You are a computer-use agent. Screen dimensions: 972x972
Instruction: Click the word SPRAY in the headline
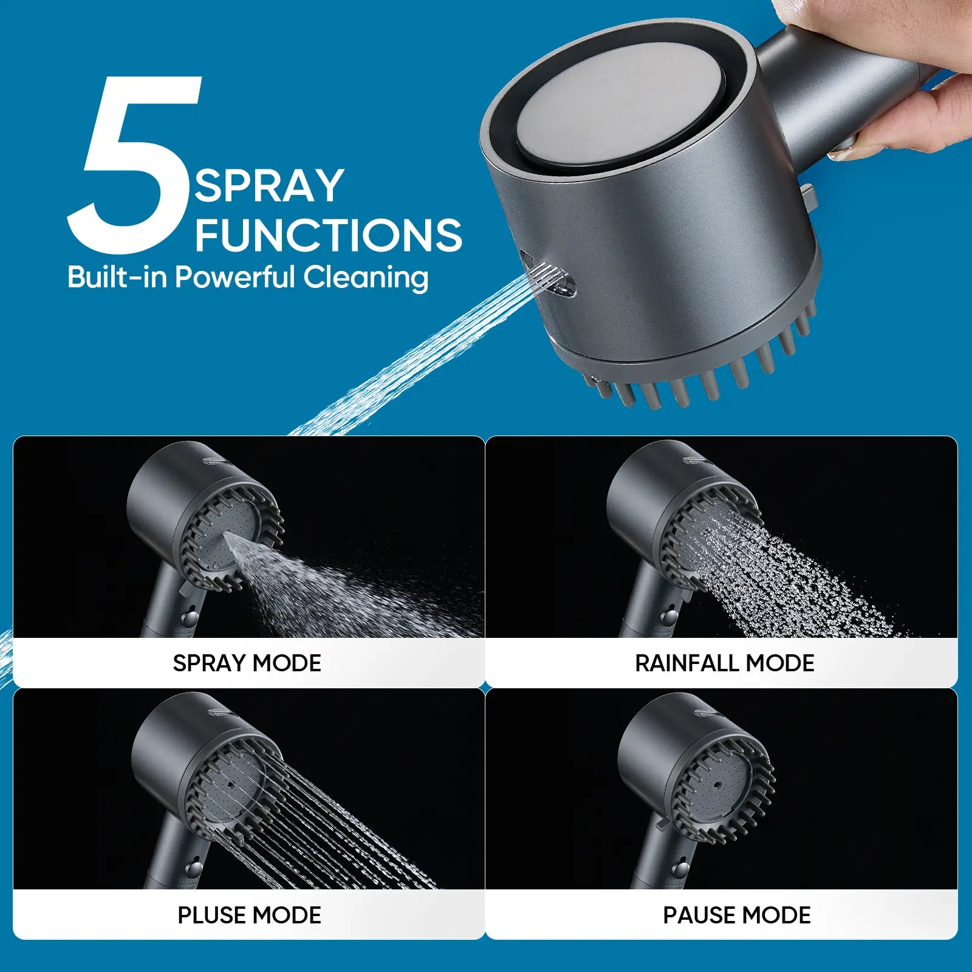(269, 186)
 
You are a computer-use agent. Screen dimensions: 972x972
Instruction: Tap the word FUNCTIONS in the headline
(328, 235)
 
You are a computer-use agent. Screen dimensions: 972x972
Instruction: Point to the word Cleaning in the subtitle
(365, 278)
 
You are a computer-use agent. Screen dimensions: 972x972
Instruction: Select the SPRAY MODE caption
(247, 663)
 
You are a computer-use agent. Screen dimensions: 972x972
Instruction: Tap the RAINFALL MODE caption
(724, 663)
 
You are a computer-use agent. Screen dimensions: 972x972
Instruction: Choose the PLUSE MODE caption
(249, 915)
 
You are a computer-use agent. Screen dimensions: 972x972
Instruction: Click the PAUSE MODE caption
(736, 915)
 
